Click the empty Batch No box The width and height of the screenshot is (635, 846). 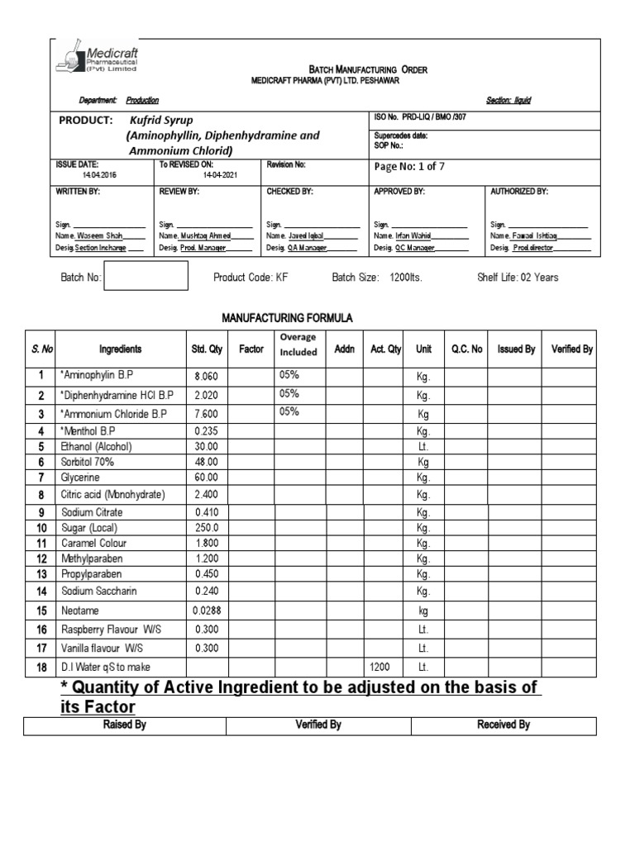(x=146, y=277)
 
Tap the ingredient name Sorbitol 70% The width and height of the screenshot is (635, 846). (x=87, y=463)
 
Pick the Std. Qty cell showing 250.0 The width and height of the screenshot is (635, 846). (x=206, y=527)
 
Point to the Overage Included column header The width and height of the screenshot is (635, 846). (x=298, y=345)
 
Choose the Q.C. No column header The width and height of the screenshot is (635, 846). (x=466, y=349)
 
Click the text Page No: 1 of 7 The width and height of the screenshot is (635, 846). (x=409, y=166)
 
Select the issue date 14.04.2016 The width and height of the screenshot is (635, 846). (x=99, y=175)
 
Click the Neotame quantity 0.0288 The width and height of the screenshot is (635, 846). (x=207, y=611)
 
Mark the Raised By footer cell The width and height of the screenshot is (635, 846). (x=125, y=725)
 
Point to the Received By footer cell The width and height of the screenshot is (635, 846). (x=504, y=725)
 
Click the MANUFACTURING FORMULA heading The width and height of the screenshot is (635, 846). (x=287, y=317)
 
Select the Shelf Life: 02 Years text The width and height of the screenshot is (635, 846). (x=518, y=278)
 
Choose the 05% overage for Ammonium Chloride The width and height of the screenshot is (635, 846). (x=289, y=411)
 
